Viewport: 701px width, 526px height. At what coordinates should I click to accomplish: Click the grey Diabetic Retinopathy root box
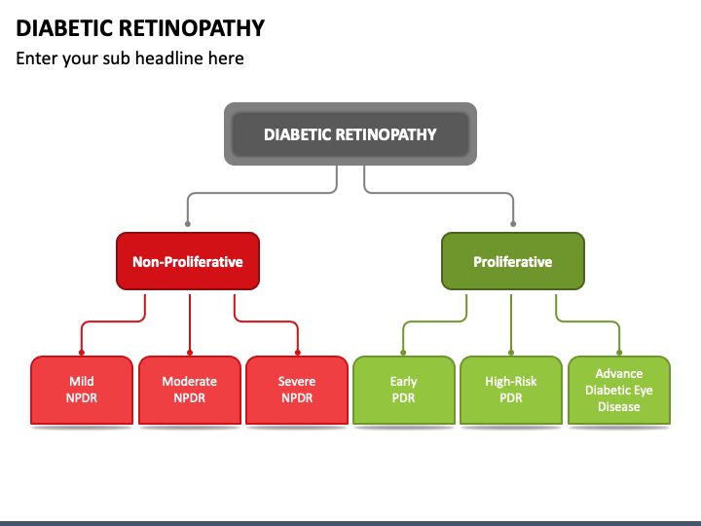(x=350, y=133)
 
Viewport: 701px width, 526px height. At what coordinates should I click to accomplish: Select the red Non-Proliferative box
(x=188, y=261)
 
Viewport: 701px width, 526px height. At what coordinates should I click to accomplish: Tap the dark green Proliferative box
(x=513, y=261)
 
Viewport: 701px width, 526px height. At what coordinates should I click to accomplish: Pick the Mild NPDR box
(x=82, y=390)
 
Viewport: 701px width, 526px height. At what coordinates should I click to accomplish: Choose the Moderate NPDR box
(x=190, y=390)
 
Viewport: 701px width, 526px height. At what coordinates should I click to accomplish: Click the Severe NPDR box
(x=297, y=390)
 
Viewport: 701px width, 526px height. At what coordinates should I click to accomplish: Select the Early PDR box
(x=404, y=390)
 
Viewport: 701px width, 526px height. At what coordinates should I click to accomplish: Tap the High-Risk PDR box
(x=511, y=390)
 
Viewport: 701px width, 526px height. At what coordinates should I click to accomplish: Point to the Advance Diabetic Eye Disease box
(x=619, y=390)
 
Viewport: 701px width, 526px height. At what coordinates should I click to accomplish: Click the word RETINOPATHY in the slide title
(x=192, y=28)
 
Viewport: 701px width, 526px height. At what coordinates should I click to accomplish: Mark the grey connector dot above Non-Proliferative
(x=188, y=224)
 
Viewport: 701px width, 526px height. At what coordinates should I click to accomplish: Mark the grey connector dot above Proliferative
(x=513, y=224)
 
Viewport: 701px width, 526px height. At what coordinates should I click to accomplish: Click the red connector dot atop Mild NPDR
(x=82, y=353)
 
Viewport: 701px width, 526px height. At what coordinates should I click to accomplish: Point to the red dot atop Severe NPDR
(x=298, y=353)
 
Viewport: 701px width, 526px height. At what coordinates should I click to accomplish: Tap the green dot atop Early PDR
(x=403, y=353)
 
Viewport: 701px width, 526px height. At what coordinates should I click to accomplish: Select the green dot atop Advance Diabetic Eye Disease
(x=619, y=353)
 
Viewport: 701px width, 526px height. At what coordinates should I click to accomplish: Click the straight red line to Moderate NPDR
(x=190, y=323)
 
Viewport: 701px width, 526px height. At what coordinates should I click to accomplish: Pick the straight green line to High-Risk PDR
(x=511, y=323)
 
